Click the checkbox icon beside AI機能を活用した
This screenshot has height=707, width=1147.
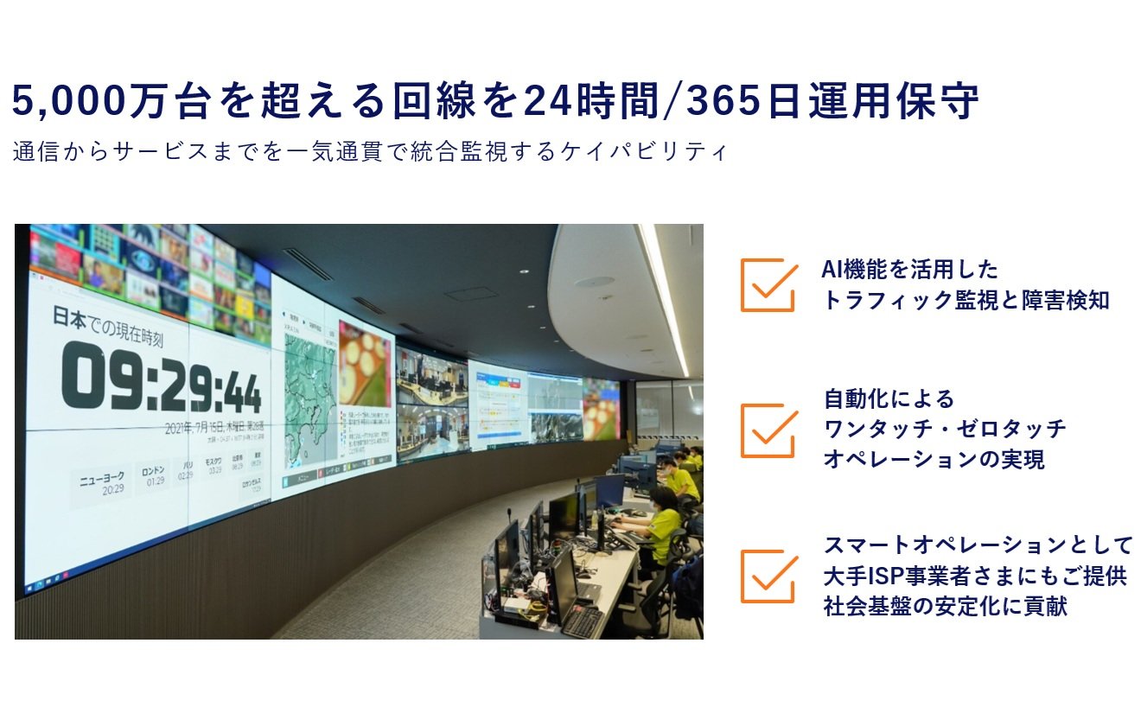tap(768, 284)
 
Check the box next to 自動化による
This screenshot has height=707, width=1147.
tap(768, 430)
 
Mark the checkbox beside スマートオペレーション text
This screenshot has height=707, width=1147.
tap(768, 576)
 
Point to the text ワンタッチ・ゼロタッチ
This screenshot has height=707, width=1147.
tap(945, 429)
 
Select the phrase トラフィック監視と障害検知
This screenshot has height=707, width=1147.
tap(965, 301)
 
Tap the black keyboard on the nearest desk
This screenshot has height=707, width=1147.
tap(582, 620)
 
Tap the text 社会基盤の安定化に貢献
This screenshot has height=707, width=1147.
tap(945, 606)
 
